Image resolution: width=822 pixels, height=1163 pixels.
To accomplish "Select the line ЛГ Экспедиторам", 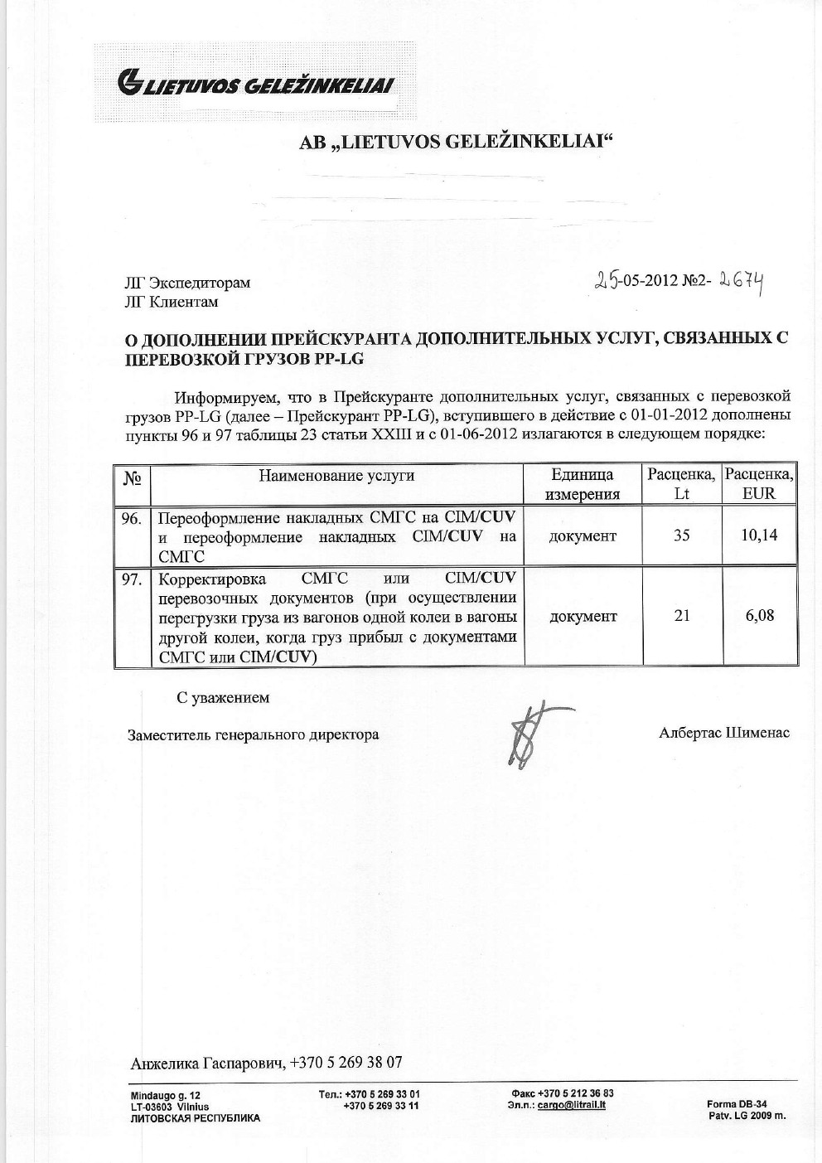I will pyautogui.click(x=186, y=283).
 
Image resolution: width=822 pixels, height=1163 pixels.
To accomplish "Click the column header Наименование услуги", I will pyautogui.click(x=336, y=476).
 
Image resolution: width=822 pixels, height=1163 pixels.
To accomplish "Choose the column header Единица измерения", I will pyautogui.click(x=583, y=485).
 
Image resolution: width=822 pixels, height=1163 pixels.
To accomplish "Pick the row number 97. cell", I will pyautogui.click(x=132, y=580).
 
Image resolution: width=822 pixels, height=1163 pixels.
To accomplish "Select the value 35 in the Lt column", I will pyautogui.click(x=681, y=535).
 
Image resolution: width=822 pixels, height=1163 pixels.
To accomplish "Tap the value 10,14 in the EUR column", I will pyautogui.click(x=759, y=535).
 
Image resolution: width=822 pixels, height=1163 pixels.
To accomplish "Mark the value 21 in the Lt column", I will pyautogui.click(x=681, y=616).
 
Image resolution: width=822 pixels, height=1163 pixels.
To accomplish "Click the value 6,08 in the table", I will pyautogui.click(x=759, y=616).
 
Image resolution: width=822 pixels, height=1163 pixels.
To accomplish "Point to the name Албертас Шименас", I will pyautogui.click(x=724, y=733).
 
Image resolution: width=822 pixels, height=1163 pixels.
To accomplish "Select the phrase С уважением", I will pyautogui.click(x=223, y=698).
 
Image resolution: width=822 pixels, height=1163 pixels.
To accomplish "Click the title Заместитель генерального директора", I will pyautogui.click(x=253, y=734).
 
